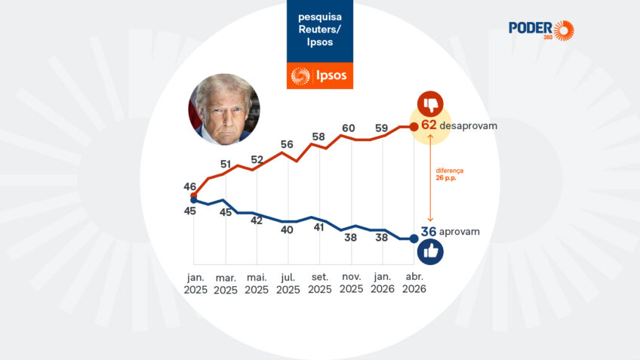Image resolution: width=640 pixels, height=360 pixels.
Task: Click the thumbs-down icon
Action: click(x=430, y=104)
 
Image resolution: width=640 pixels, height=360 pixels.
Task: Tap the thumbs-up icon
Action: click(x=430, y=253)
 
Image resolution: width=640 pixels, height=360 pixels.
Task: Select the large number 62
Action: click(x=429, y=125)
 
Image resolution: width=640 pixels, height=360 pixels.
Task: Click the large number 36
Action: click(x=429, y=232)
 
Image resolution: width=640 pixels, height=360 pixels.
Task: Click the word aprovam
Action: click(x=460, y=232)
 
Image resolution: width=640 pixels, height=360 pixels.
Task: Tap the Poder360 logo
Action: click(x=541, y=30)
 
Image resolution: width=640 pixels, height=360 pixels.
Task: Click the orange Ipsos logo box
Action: click(x=320, y=76)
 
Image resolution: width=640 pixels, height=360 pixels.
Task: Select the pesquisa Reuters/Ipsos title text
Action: click(x=319, y=29)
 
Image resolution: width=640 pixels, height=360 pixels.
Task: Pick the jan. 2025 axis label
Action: click(x=194, y=284)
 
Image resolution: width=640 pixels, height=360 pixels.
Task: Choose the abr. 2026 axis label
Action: click(x=414, y=284)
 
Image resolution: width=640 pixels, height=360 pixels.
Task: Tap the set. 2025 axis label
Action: click(x=319, y=284)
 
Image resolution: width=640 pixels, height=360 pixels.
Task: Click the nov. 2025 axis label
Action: click(x=351, y=284)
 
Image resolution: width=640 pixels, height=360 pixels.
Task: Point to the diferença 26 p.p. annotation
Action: click(x=449, y=174)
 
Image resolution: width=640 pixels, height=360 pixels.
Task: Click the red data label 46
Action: click(x=189, y=186)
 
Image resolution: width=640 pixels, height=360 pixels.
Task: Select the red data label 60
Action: click(x=348, y=128)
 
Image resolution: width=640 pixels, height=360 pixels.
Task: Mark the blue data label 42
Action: click(x=257, y=220)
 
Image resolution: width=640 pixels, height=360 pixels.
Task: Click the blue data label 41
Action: click(x=318, y=226)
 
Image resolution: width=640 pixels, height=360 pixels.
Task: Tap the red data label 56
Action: click(x=287, y=144)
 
